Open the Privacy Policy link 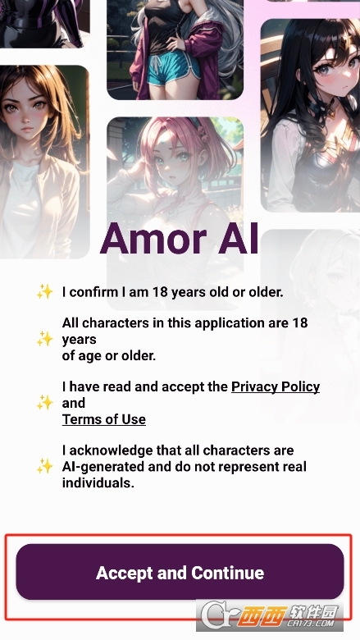[x=276, y=386]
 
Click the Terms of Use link [x=104, y=419]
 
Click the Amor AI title [x=180, y=240]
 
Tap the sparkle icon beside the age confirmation [x=45, y=291]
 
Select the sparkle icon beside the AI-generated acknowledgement [x=45, y=466]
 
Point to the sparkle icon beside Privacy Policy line [x=45, y=402]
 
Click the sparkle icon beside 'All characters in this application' [x=45, y=339]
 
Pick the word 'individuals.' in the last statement [x=98, y=482]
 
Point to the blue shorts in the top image [x=175, y=72]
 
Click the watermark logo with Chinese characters [x=270, y=615]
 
